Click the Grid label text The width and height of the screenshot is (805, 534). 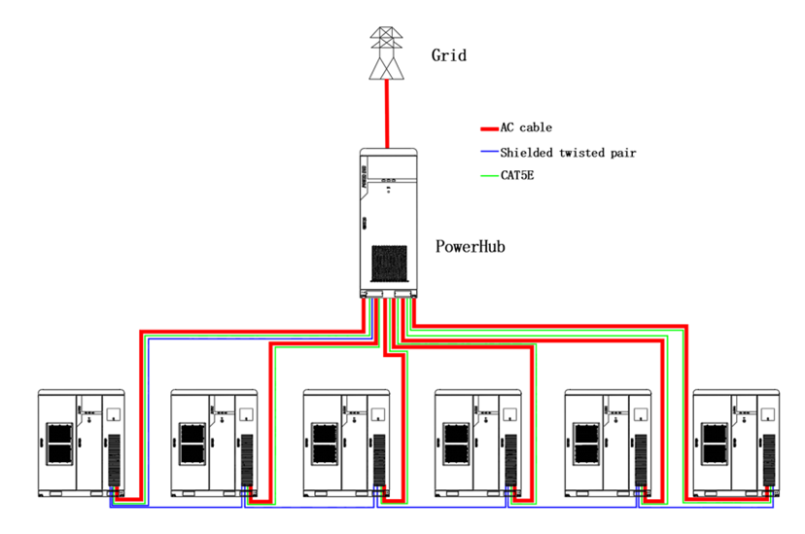click(x=449, y=55)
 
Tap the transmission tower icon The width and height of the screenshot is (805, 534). click(x=388, y=53)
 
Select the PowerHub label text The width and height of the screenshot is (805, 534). click(x=470, y=247)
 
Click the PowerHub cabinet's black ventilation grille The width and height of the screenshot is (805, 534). click(x=394, y=264)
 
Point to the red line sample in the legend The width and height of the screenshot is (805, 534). click(x=489, y=127)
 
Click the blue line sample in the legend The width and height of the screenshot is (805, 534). click(x=489, y=152)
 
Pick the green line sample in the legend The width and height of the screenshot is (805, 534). click(x=489, y=176)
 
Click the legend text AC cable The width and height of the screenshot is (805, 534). click(x=526, y=127)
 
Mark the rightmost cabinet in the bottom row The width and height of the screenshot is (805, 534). click(x=736, y=444)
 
